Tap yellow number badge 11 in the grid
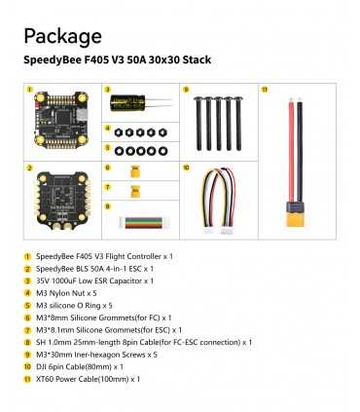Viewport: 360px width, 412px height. point(264,89)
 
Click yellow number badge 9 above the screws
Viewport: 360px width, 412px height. point(184,89)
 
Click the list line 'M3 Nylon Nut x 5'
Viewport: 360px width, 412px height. point(76,292)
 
